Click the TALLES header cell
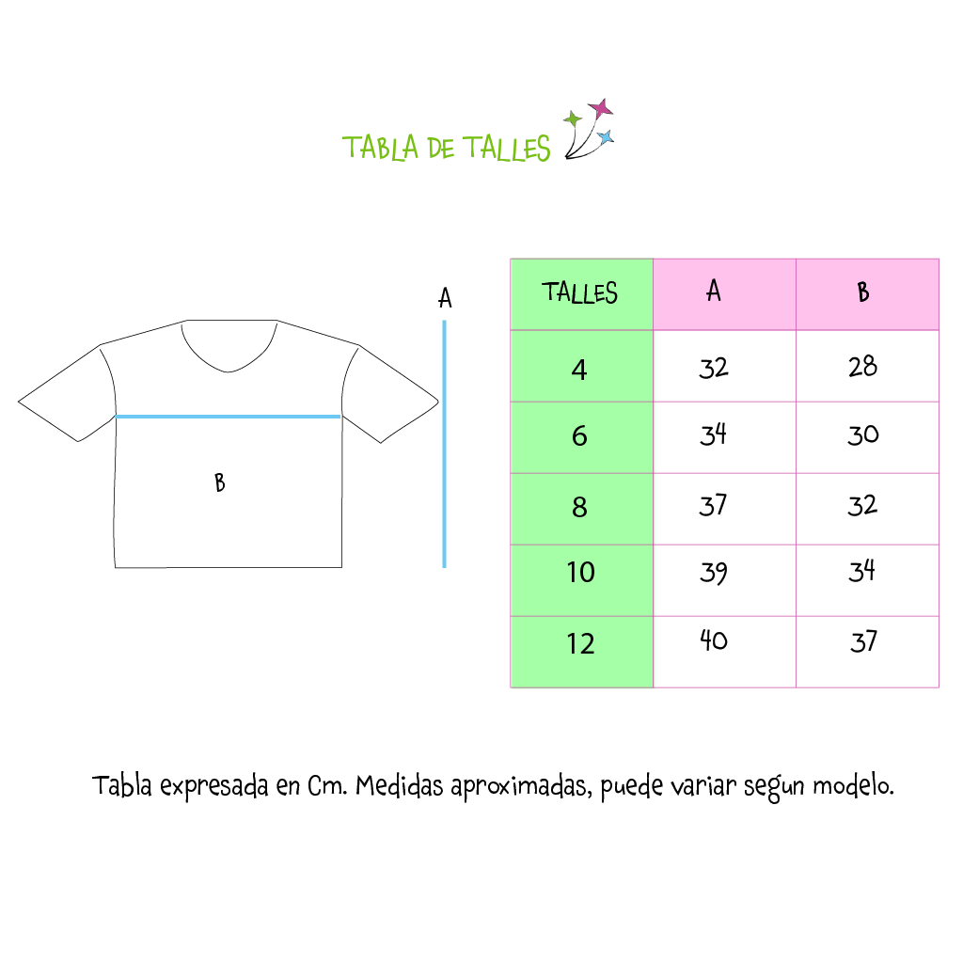(581, 294)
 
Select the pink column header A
(725, 294)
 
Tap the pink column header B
(867, 294)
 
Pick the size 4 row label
(579, 370)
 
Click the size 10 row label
(580, 573)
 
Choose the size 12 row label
(580, 643)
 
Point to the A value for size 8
(713, 505)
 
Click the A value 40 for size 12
(714, 640)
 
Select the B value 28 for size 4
(863, 367)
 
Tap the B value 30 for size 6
(863, 434)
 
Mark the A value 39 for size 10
(714, 573)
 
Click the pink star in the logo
(601, 109)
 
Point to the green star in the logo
(573, 118)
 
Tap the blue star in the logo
(606, 137)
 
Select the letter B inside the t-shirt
(220, 482)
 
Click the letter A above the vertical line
(445, 298)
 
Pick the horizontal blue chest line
(228, 417)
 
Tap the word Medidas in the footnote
(399, 785)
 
